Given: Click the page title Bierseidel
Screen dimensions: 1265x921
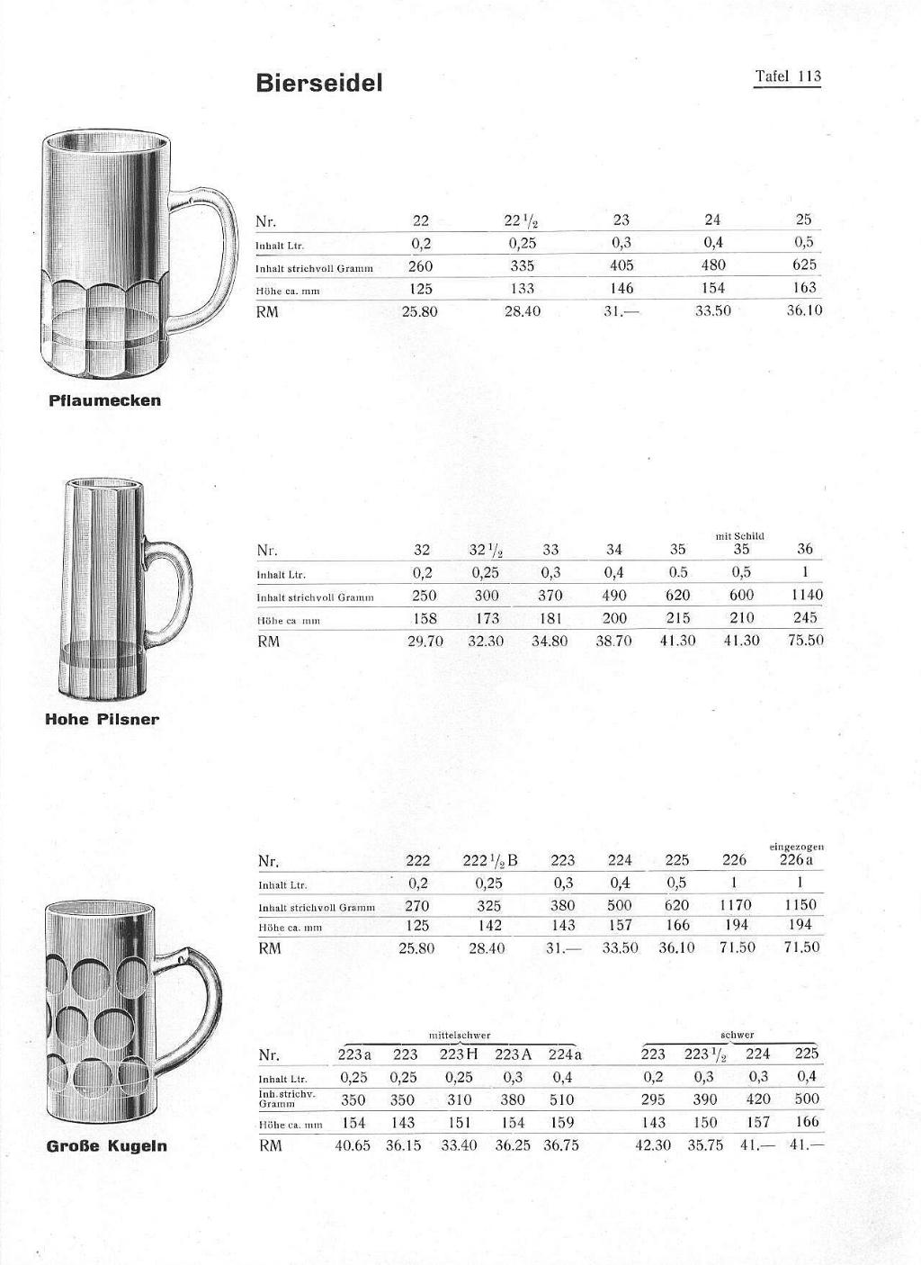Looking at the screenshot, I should coord(319,83).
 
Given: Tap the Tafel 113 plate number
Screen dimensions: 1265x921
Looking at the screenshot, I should coord(787,76).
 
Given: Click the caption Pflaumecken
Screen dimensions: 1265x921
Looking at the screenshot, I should coord(105,400).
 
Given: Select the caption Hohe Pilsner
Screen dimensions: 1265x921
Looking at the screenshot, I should coord(102,719).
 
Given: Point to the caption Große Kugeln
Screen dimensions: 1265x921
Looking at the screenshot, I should coord(106,1145).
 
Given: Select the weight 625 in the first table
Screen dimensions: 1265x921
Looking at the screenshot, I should coord(804,265).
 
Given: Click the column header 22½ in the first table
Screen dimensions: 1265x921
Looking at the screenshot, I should coord(522,220).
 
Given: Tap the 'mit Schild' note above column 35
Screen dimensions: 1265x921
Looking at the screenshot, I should coord(740,536).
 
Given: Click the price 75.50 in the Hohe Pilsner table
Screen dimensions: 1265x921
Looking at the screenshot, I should coord(805,641).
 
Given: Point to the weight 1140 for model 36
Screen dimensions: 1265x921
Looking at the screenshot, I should coord(806,595).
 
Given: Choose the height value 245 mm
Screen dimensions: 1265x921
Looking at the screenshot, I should coord(805,618).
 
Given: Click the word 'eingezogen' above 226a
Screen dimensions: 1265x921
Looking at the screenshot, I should coord(797,847).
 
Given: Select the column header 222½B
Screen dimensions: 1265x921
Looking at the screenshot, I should coord(489,861).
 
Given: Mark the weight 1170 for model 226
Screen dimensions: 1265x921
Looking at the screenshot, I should coord(735,905).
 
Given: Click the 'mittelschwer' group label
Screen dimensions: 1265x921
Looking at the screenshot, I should coord(459,1036).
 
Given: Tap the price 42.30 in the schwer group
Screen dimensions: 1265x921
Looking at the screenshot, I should coord(653,1145).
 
